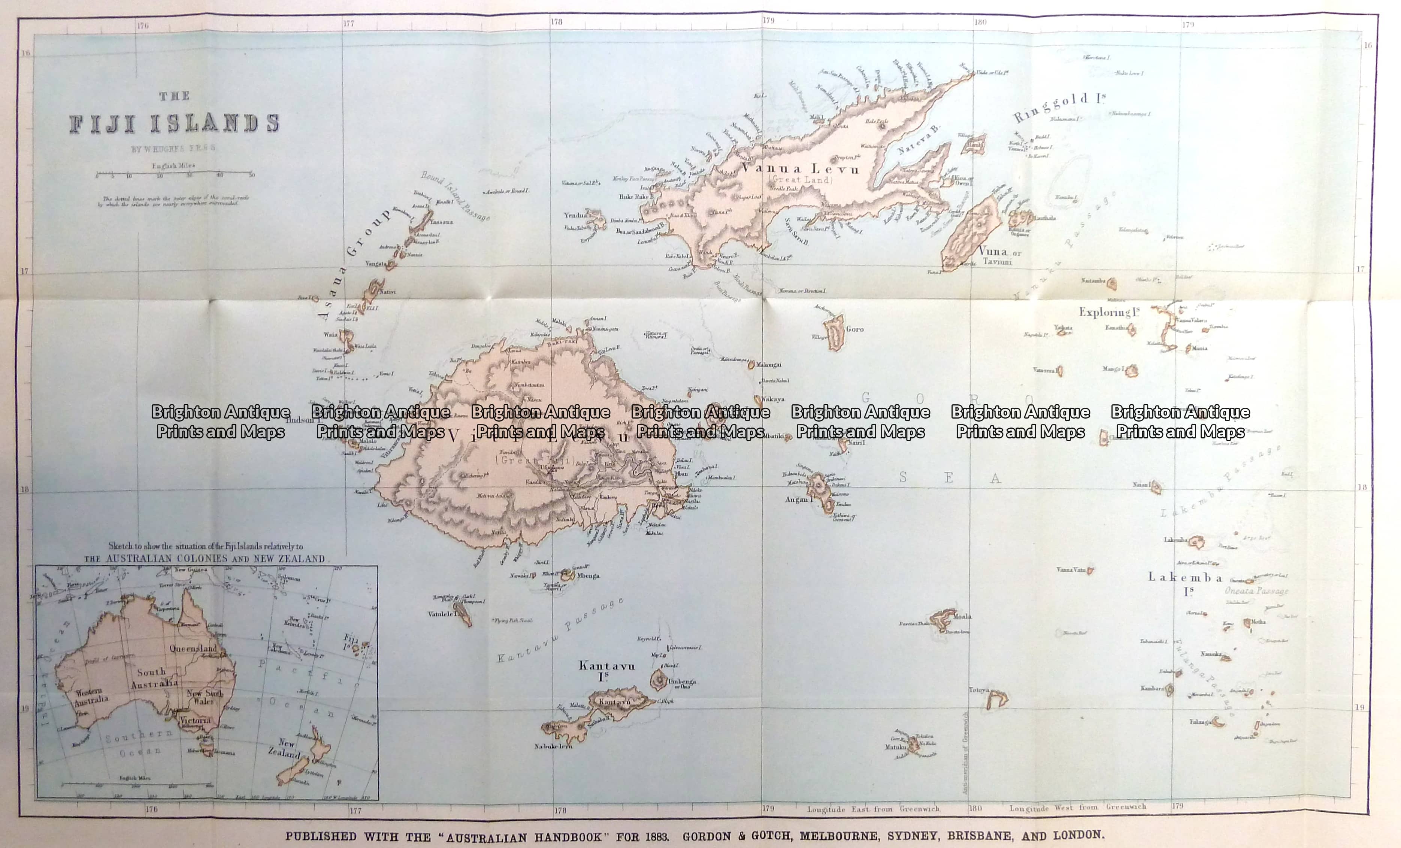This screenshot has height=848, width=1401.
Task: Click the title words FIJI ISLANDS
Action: click(x=174, y=123)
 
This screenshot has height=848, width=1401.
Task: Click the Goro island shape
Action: click(x=835, y=334)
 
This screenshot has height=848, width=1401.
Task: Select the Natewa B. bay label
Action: click(x=920, y=141)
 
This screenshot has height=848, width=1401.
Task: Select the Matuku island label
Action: click(x=895, y=747)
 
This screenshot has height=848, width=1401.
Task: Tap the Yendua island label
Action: click(x=575, y=215)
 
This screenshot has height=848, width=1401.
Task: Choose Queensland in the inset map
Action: click(x=193, y=648)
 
